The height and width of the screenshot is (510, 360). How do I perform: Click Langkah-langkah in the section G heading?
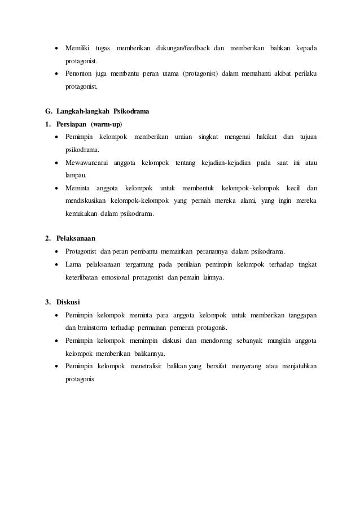click(83, 111)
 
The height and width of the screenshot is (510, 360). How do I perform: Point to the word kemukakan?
click(82, 215)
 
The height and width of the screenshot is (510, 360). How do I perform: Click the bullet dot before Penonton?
click(57, 73)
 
